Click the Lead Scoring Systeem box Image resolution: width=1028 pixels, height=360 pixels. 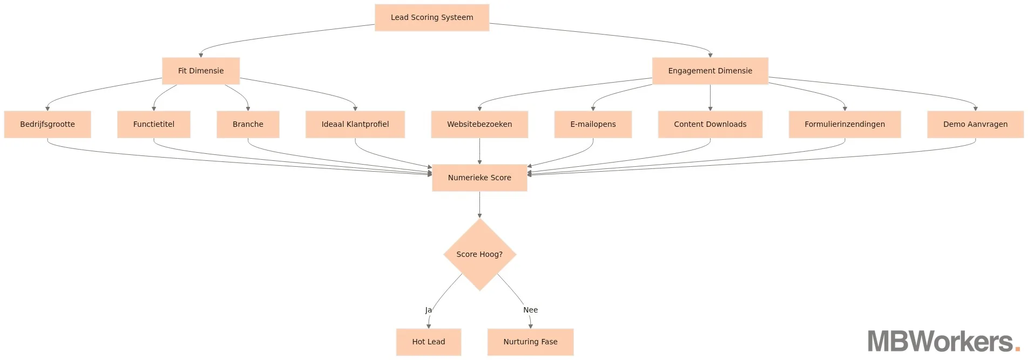[x=432, y=17]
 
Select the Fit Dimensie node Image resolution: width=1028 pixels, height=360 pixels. [x=201, y=71]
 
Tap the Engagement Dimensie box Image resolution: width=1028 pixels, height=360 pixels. [x=710, y=71]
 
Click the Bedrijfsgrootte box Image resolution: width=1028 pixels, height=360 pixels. [x=48, y=124]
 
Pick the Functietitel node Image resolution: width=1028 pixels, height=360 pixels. [x=154, y=124]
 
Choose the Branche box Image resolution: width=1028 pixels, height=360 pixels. [x=248, y=124]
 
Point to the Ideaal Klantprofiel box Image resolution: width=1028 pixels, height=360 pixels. [x=355, y=124]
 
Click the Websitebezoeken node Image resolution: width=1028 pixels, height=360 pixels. [x=479, y=124]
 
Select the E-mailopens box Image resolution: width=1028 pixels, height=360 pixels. [x=593, y=124]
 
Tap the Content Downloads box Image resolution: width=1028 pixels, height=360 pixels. [x=710, y=124]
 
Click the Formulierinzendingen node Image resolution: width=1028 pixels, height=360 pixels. [x=844, y=124]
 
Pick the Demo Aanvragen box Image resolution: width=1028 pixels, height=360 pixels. [x=975, y=124]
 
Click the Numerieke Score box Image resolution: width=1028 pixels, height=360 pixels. [x=479, y=178]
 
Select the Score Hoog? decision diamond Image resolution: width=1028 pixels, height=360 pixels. [x=479, y=254]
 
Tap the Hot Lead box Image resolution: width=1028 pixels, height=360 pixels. [x=429, y=342]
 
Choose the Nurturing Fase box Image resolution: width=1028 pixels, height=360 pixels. [x=530, y=342]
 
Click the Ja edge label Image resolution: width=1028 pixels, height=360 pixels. [x=428, y=310]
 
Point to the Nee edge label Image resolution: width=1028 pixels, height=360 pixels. [x=530, y=310]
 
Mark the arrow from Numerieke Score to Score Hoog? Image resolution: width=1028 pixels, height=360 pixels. [x=479, y=205]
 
